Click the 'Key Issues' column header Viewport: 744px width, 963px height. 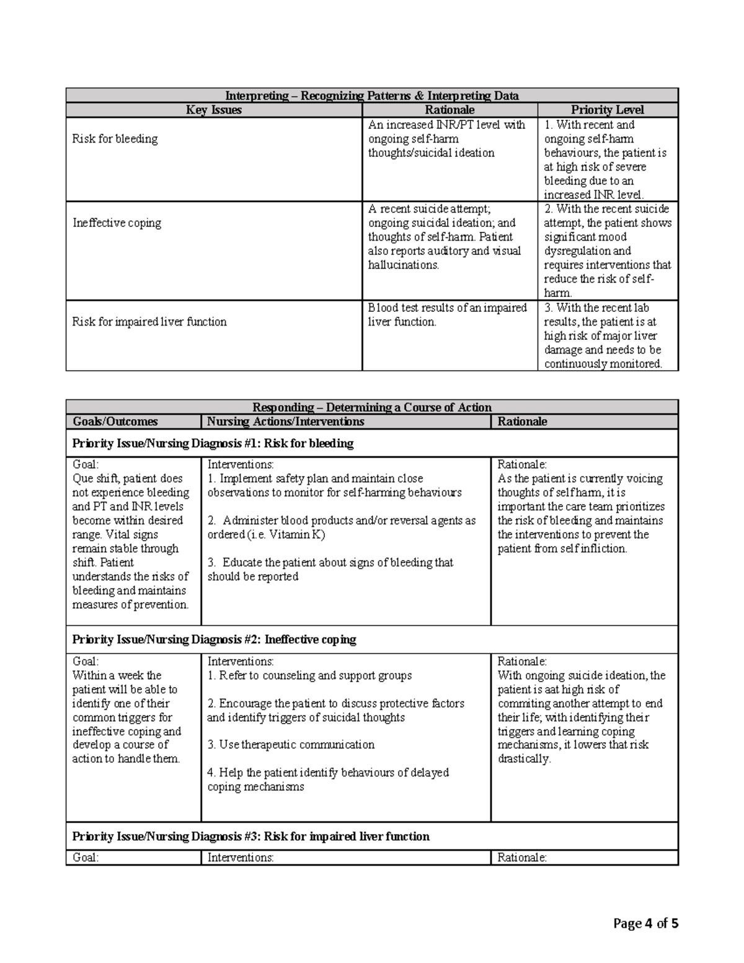213,110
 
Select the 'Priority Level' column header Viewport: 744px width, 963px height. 607,110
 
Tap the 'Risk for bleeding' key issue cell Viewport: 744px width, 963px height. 115,139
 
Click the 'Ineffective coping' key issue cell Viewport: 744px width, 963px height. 117,223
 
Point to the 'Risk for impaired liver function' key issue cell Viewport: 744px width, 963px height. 149,322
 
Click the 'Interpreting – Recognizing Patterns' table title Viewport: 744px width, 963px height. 371,95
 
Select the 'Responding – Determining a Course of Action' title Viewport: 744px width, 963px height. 371,407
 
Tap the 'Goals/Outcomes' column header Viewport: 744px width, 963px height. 115,422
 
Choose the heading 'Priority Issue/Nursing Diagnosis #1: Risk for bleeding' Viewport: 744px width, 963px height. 213,443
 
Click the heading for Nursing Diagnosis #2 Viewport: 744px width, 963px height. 214,639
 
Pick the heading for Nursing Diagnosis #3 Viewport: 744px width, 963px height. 250,837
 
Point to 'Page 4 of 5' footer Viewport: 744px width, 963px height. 645,924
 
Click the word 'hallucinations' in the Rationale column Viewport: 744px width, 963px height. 403,265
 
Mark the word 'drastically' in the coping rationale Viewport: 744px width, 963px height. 523,759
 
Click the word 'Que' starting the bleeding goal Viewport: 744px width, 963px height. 83,479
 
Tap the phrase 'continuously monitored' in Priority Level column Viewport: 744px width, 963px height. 602,364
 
